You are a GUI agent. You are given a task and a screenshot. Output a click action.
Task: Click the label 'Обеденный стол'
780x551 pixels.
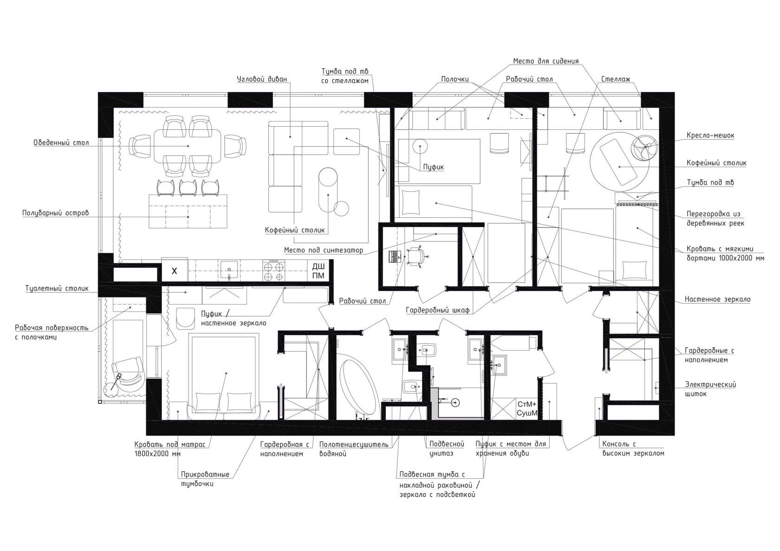point(61,143)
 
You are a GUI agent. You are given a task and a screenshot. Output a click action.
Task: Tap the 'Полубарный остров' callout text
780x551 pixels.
point(55,213)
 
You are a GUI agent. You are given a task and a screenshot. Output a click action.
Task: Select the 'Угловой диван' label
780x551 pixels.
point(262,79)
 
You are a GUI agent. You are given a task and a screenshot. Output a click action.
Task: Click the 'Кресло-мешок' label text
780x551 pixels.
point(710,136)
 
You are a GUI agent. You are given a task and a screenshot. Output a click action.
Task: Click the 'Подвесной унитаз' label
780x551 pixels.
point(447,449)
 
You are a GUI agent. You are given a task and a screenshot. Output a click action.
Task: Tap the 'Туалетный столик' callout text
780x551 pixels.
point(57,289)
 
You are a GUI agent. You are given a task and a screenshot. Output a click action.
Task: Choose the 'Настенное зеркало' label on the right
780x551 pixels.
point(718,299)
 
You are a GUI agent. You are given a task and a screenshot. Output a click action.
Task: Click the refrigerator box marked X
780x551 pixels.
point(175,271)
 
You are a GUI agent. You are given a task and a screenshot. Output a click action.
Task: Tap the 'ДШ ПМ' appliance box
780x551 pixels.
point(318,271)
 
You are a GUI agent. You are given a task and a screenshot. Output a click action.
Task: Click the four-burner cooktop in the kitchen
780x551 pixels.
point(274,271)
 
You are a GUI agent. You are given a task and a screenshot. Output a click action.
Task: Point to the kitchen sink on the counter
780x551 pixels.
point(229,271)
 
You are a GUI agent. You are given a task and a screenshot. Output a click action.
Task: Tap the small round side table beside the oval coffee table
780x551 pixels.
point(341,208)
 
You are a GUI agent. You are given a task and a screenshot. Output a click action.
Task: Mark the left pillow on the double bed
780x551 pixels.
point(208,402)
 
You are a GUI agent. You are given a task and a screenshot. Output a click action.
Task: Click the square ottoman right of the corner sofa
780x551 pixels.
point(346,141)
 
